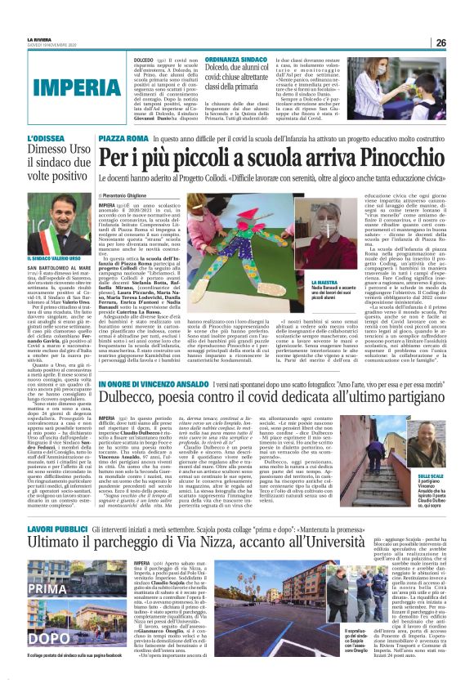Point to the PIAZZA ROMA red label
click(123, 140)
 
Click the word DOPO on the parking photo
click(24, 637)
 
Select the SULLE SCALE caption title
click(453, 453)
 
